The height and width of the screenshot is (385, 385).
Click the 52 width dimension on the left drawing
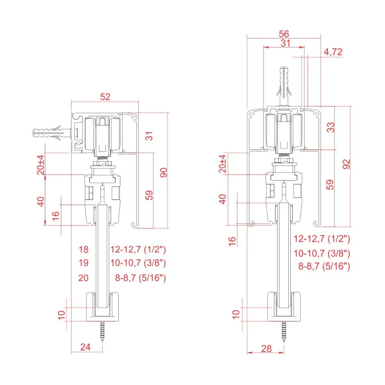105,97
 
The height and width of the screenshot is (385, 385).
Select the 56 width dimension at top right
284,33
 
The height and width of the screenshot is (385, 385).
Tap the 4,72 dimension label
333,52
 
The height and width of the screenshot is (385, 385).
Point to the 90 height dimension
163,173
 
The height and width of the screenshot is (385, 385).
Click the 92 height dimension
346,164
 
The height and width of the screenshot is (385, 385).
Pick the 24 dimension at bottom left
86,347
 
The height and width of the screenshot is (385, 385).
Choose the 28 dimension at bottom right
266,349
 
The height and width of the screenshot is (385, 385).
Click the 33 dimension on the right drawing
330,127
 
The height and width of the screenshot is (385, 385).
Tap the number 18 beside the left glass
83,249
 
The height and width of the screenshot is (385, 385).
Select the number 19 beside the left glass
83,262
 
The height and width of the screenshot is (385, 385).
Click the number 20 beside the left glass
83,278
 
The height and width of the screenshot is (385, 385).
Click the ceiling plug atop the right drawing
284,86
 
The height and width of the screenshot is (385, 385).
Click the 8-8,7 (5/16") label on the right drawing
324,267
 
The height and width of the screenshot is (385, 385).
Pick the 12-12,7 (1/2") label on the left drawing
138,249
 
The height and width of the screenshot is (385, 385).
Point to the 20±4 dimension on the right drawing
223,164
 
